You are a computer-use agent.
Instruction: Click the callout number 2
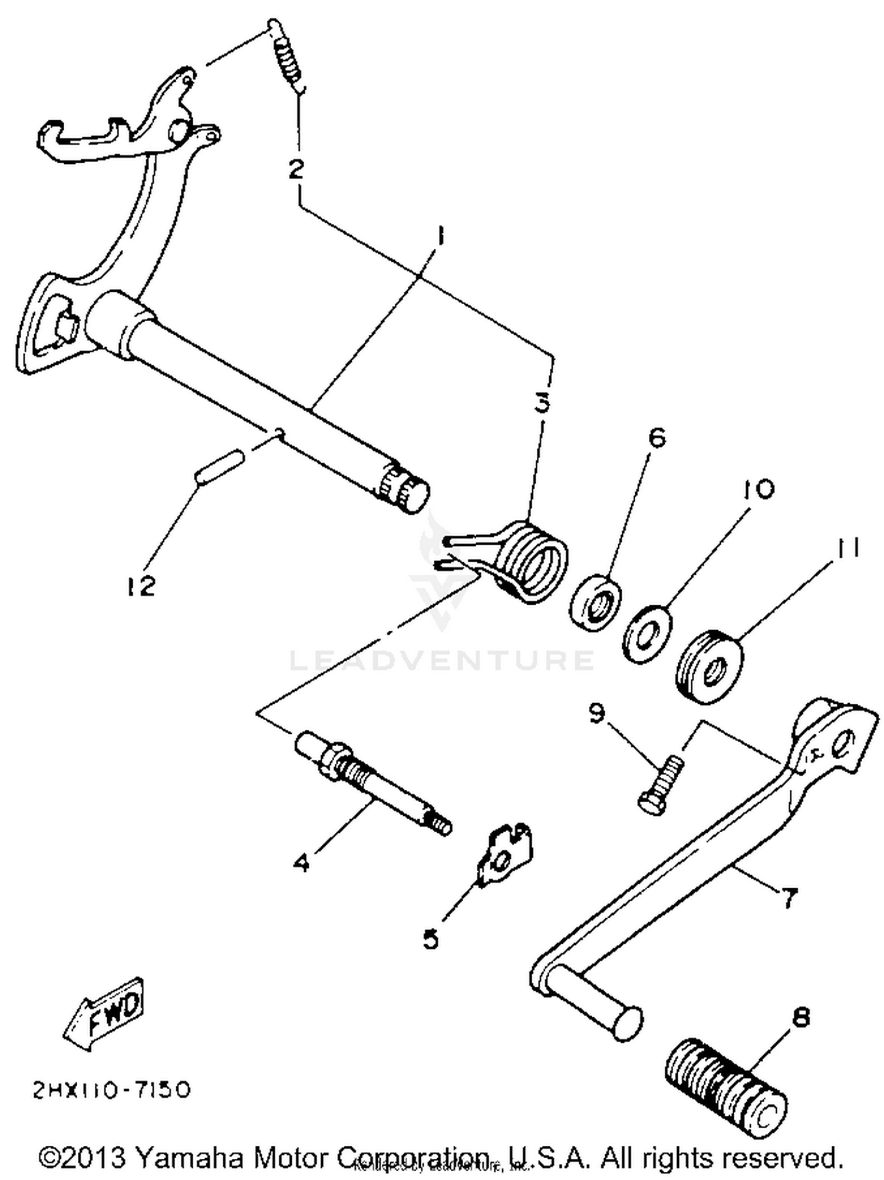[x=296, y=169]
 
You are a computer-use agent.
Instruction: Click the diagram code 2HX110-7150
[x=112, y=1090]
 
